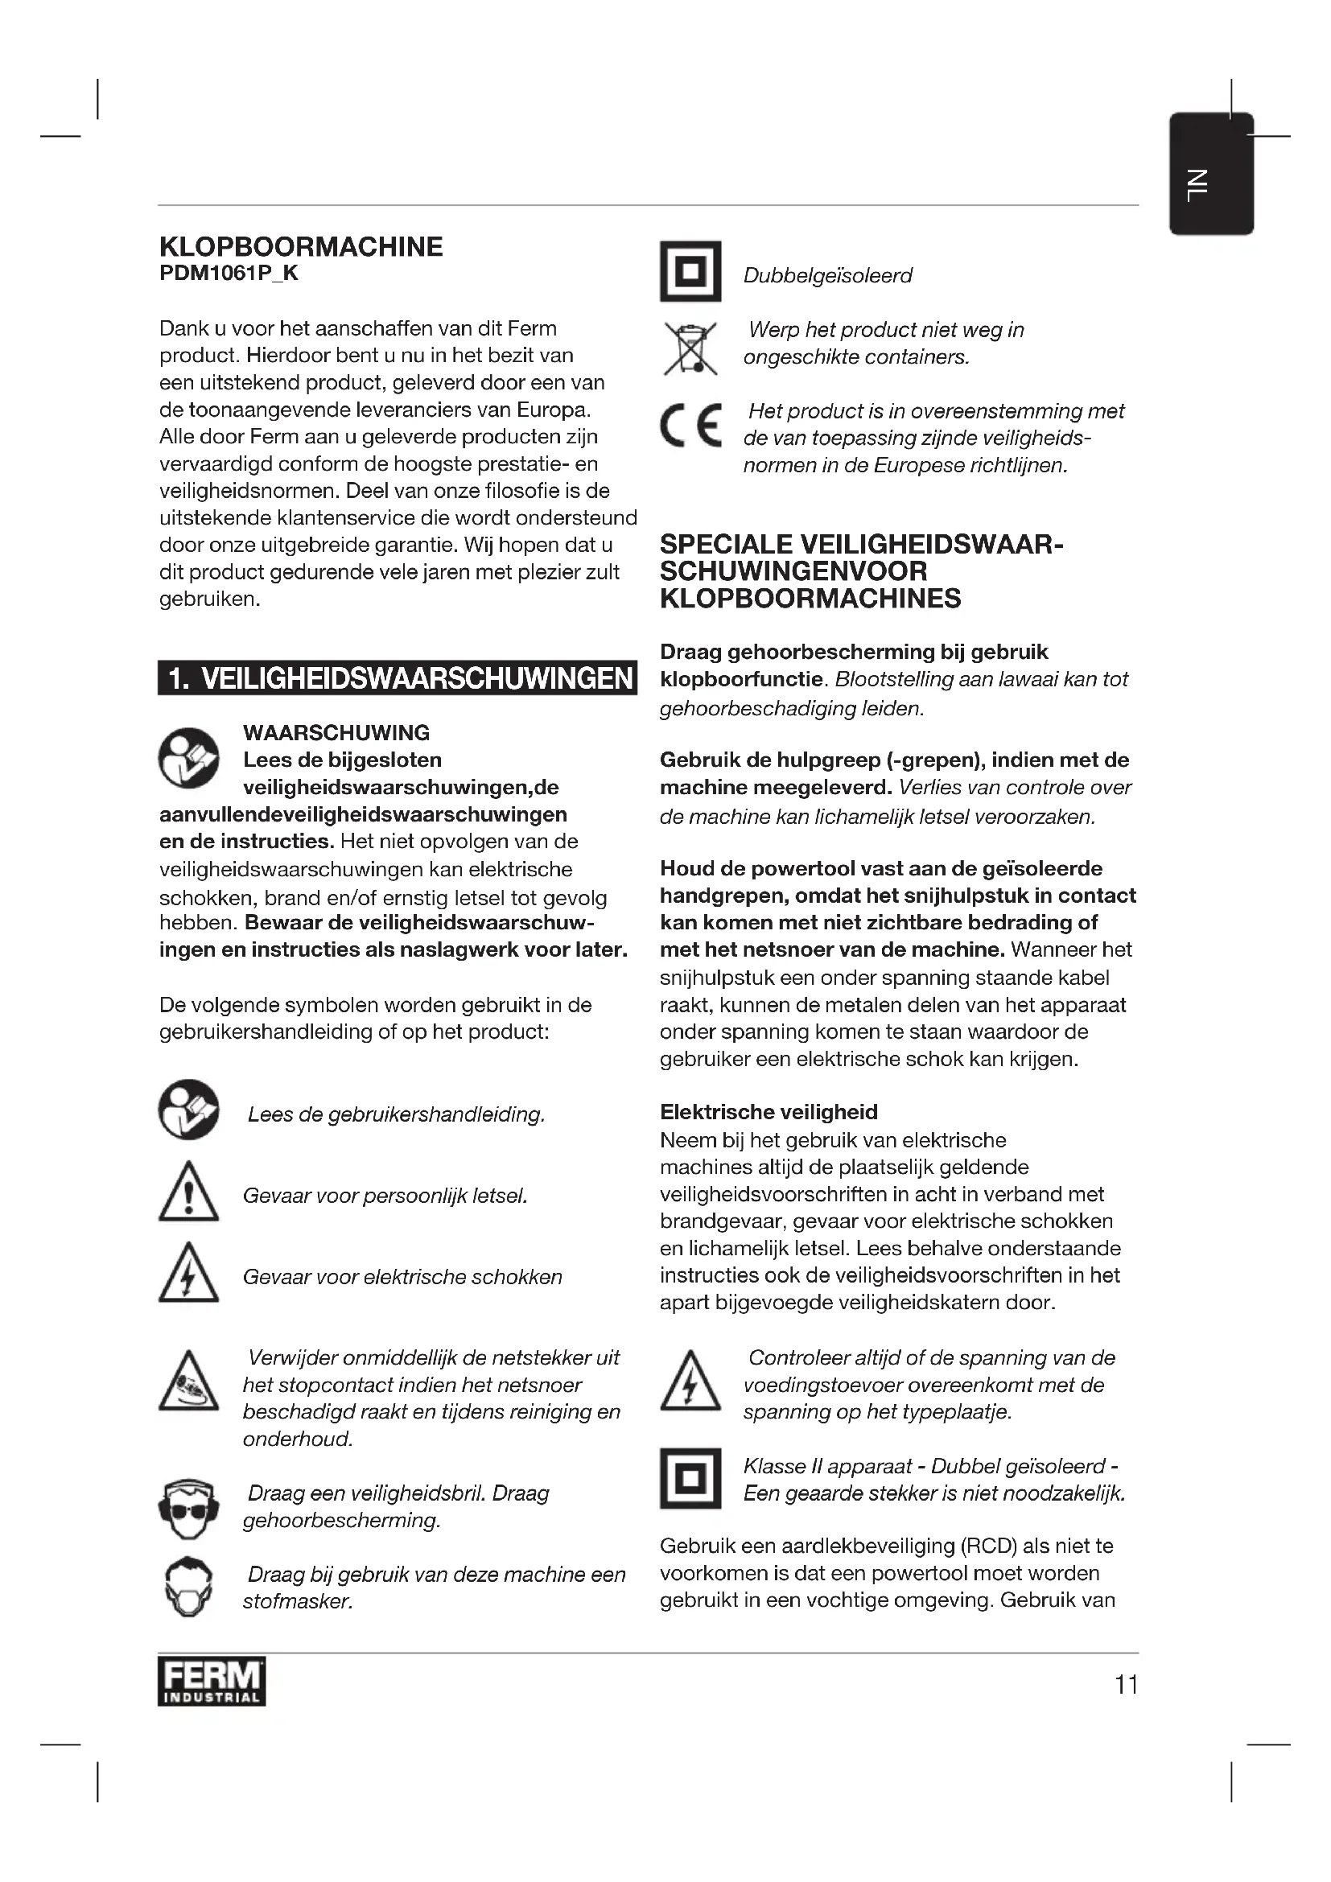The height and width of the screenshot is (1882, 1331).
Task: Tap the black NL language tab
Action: [x=1210, y=174]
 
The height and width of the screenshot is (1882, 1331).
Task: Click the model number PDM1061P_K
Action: [x=229, y=274]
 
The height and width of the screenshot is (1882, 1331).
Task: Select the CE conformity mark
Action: [x=691, y=426]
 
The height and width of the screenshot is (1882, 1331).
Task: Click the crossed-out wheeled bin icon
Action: [x=690, y=348]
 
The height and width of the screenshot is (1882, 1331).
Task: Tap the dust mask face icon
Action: [x=188, y=1586]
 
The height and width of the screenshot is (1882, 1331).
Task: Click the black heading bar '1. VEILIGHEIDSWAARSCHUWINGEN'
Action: [x=398, y=677]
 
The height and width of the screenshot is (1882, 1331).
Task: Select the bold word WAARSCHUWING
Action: [x=336, y=733]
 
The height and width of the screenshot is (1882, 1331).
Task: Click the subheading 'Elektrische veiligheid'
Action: [x=769, y=1112]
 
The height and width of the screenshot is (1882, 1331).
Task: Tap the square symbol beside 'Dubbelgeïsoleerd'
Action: [x=690, y=271]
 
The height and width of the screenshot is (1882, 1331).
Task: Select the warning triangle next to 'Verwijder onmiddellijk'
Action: [x=188, y=1383]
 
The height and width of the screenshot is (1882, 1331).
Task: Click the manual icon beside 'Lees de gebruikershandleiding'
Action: [x=188, y=1110]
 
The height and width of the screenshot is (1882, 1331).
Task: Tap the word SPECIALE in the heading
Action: [x=725, y=545]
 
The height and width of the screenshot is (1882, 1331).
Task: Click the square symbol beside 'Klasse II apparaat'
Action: [x=690, y=1478]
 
